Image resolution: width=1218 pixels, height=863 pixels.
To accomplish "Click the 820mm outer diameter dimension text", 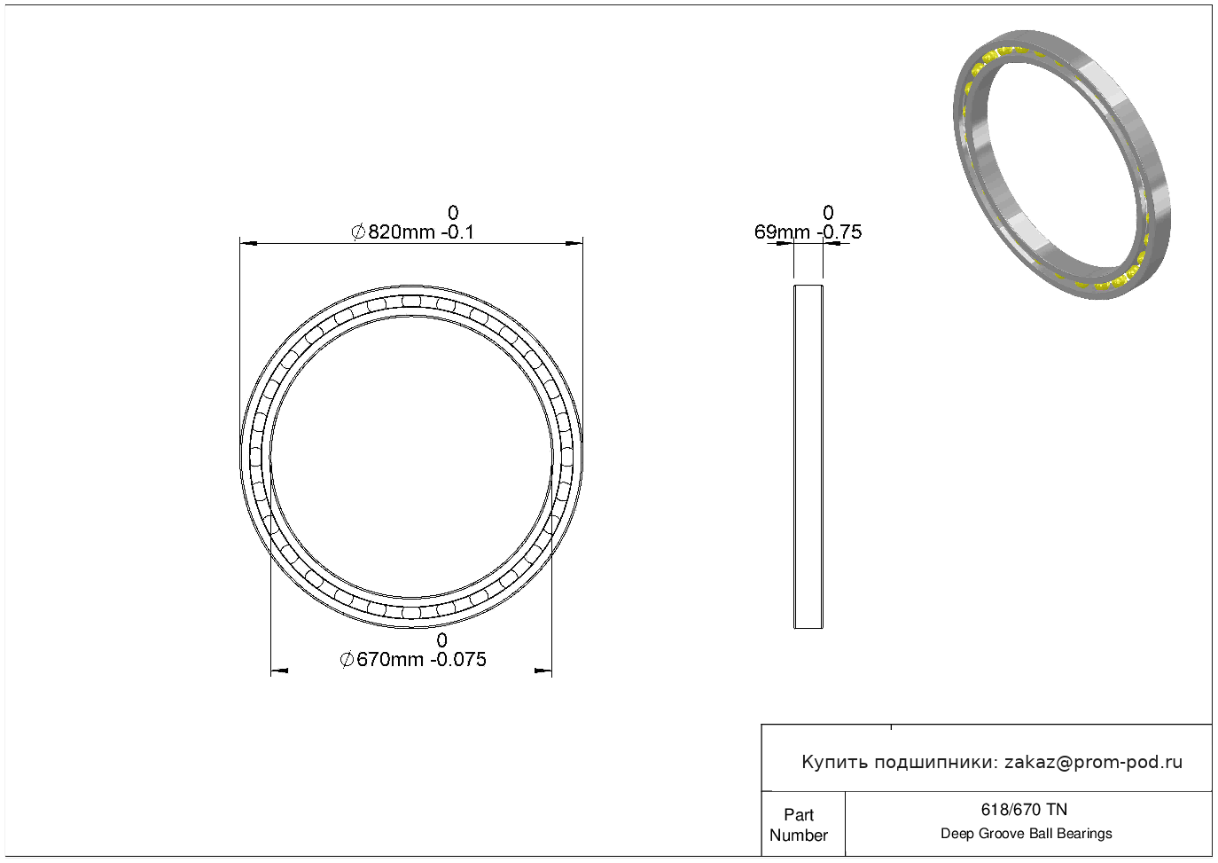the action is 413,232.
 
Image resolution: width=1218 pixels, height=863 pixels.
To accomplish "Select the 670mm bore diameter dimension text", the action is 413,660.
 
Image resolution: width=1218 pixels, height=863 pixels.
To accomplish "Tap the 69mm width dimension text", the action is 808,232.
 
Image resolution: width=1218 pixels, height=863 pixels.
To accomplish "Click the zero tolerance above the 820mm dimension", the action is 453,212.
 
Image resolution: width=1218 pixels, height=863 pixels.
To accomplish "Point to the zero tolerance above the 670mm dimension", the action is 442,639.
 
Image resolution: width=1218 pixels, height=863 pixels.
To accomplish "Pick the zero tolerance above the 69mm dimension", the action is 828,212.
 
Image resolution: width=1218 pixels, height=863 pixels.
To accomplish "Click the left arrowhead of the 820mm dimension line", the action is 248,243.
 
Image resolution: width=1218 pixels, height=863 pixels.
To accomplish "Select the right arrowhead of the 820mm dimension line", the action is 574,243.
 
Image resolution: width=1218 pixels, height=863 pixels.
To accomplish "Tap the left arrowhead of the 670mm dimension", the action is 279,671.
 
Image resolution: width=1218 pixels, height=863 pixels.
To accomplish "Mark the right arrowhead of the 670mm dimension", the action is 543,671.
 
